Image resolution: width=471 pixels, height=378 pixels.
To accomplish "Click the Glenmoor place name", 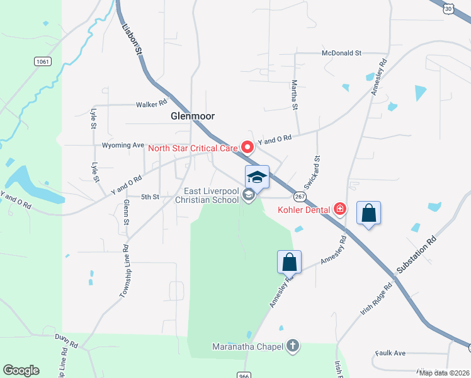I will click(193, 117).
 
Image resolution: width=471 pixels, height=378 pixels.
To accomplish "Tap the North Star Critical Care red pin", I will click(247, 147).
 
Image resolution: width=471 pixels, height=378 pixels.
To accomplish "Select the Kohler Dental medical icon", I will click(340, 208).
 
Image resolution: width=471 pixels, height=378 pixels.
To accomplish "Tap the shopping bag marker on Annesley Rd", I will click(289, 261).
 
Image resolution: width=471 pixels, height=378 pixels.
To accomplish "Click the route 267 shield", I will click(300, 197).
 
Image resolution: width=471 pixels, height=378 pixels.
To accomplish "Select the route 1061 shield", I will click(43, 61).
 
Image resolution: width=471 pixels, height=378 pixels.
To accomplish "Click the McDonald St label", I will click(341, 54).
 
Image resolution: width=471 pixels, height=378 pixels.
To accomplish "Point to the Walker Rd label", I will click(152, 103).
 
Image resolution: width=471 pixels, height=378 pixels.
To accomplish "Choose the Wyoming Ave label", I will click(123, 145).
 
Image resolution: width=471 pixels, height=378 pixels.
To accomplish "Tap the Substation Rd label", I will click(416, 255).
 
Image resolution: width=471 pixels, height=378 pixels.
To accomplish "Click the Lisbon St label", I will click(131, 38).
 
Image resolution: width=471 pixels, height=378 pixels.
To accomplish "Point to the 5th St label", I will click(150, 197).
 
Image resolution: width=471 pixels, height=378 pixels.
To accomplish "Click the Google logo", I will click(21, 370).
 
